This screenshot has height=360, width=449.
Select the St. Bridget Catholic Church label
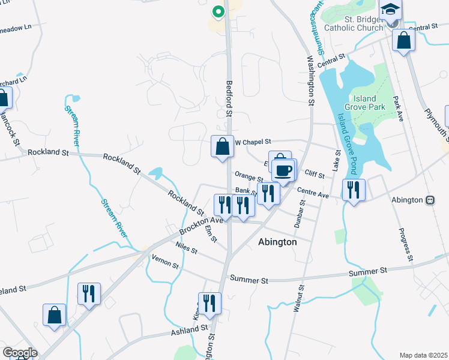(x=354, y=23)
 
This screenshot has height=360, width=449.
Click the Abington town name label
(x=277, y=242)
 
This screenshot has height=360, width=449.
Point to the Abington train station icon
(x=430, y=200)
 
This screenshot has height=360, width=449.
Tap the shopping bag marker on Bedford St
(x=222, y=146)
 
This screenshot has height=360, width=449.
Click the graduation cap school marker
(x=390, y=10)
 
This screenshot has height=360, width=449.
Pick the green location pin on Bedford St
(x=218, y=11)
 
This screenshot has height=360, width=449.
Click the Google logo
(x=20, y=353)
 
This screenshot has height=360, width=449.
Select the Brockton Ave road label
(x=200, y=226)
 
